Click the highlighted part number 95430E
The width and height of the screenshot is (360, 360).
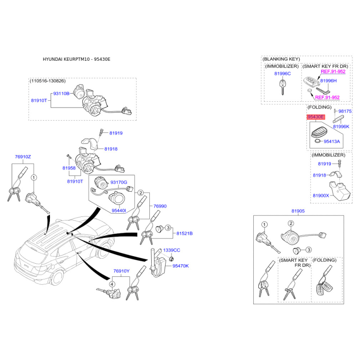[315, 117]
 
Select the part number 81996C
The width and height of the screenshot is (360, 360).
[283, 73]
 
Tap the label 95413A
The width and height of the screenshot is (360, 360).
[332, 141]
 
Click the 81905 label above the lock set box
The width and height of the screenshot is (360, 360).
[297, 211]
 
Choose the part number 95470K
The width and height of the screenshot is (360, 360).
[180, 266]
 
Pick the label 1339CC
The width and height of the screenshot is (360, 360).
[171, 250]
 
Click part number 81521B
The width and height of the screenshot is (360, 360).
[184, 234]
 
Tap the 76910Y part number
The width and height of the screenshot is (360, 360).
[121, 271]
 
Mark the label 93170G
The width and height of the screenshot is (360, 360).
[119, 182]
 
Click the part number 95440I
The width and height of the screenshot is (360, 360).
[119, 210]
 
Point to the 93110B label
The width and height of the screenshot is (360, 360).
[62, 94]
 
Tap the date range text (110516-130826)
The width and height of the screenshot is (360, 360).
[48, 81]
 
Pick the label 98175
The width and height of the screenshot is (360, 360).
[345, 111]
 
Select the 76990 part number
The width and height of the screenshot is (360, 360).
[160, 206]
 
